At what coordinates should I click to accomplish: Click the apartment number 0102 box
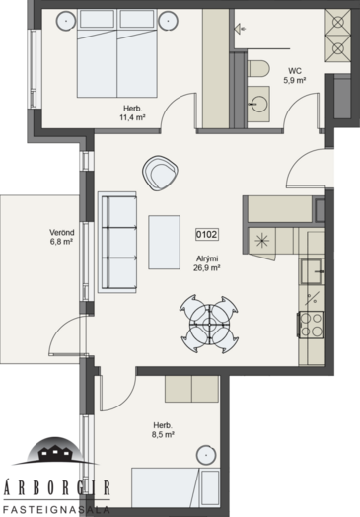coord(207,235)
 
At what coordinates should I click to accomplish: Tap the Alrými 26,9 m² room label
coord(207,263)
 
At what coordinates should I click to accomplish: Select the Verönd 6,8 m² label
coord(62,237)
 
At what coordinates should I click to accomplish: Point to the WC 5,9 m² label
coord(294,76)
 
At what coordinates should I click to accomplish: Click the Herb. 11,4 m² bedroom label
coord(133,113)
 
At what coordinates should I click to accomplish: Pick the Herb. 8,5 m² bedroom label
coord(163,430)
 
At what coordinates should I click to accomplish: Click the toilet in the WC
coord(258,68)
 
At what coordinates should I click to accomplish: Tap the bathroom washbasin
coord(258,104)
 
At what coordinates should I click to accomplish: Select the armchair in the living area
coord(160,173)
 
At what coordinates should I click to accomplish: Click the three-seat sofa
coord(117,243)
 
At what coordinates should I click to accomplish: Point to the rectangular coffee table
coord(164,243)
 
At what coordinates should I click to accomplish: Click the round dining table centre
coord(209,324)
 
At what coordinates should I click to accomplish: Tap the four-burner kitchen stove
coord(312,325)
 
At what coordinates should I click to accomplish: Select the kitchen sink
coord(312,271)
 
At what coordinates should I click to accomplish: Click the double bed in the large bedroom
coord(117,53)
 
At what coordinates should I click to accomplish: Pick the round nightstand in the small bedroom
coord(206,456)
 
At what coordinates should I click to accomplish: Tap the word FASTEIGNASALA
coord(56,509)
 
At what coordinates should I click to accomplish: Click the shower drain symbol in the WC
coord(240,29)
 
